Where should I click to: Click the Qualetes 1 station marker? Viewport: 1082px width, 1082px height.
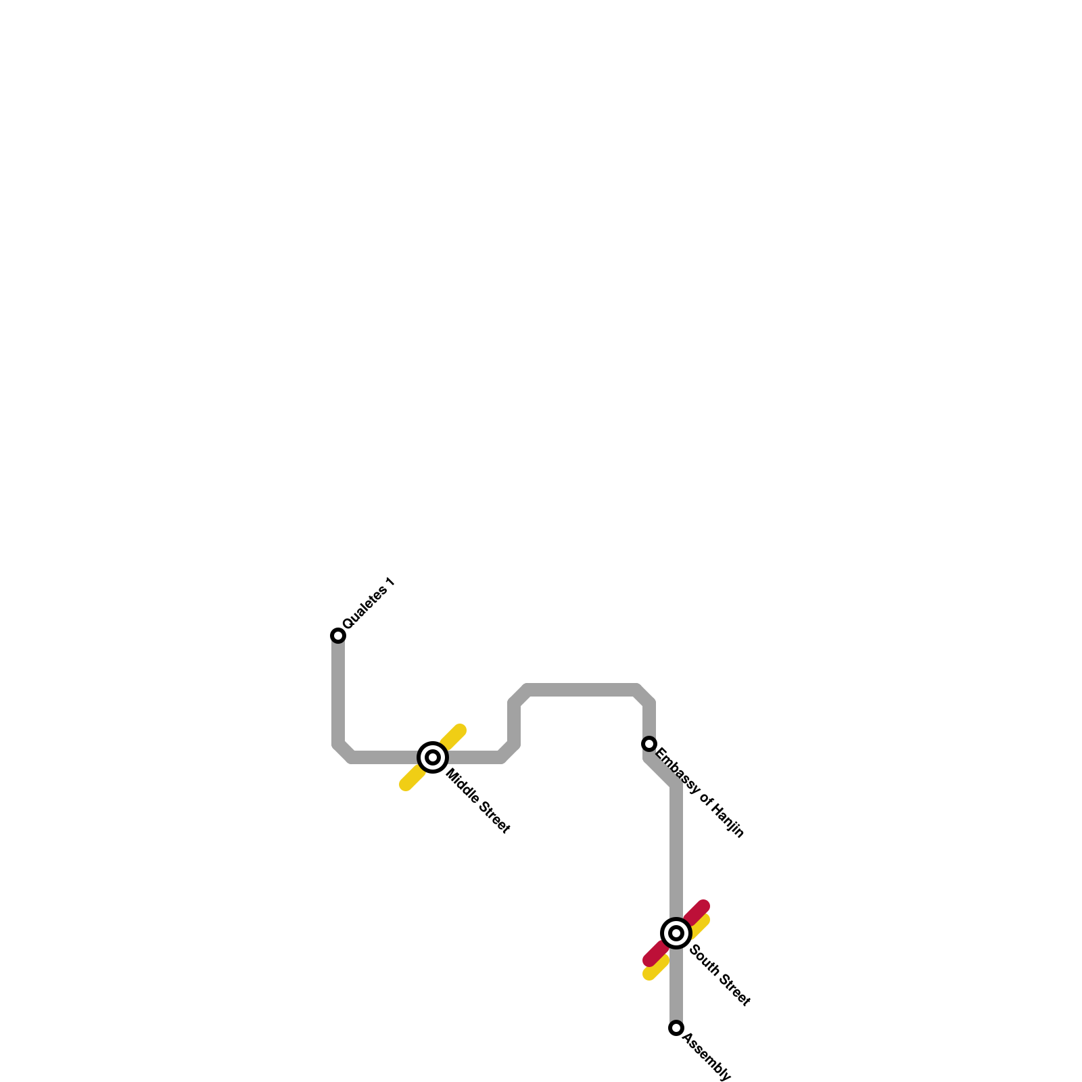pos(338,635)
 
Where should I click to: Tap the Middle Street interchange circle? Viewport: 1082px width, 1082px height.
pos(433,757)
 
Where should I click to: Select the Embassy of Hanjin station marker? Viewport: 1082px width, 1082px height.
pos(649,744)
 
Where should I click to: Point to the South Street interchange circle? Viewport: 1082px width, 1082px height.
pos(676,933)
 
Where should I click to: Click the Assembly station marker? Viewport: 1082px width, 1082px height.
pos(676,1028)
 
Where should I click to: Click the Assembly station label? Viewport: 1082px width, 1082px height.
pos(707,1057)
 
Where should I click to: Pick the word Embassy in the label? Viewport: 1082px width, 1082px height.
pos(677,770)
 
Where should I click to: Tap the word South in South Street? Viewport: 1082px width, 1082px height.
pos(704,960)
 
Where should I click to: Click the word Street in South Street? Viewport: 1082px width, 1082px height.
pos(734,991)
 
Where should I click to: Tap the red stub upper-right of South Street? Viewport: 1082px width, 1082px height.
pos(698,911)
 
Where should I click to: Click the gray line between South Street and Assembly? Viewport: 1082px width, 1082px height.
pos(676,987)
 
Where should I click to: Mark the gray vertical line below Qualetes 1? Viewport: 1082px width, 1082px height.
pos(338,690)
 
